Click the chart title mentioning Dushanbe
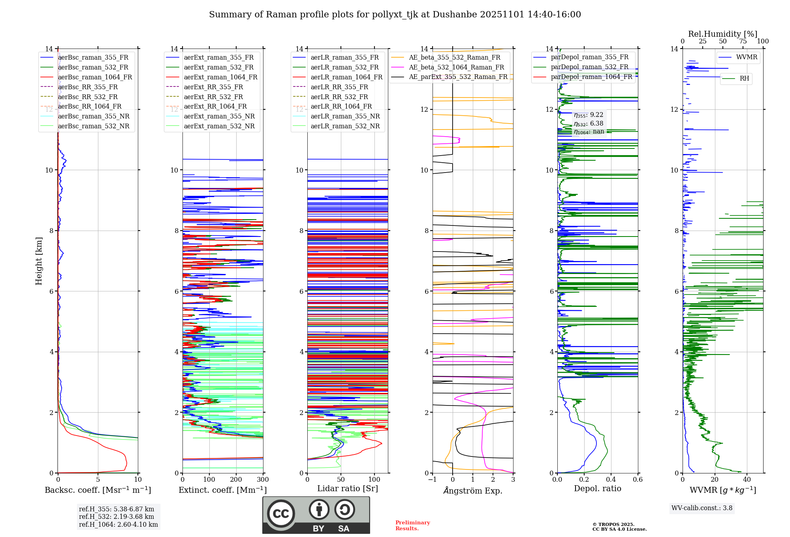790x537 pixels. tap(395, 15)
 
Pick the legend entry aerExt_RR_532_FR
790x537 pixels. tap(213, 97)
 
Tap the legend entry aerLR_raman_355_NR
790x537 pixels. tap(345, 116)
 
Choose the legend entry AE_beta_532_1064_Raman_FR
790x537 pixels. tap(456, 67)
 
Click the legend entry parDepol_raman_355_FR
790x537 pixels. tap(589, 57)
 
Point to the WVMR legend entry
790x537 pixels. tap(746, 57)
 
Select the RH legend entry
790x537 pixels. tap(744, 79)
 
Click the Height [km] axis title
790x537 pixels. tap(39, 261)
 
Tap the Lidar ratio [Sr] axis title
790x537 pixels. tap(348, 488)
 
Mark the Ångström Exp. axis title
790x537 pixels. tap(473, 490)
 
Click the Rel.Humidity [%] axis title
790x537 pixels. tap(722, 34)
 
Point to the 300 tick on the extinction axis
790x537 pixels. tap(263, 480)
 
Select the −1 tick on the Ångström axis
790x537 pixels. tap(433, 480)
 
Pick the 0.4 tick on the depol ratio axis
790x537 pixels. tap(611, 480)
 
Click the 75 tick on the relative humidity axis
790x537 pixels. tap(743, 41)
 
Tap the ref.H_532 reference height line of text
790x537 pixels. tap(116, 516)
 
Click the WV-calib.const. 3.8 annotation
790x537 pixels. tap(702, 508)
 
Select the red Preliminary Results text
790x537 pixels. tap(412, 526)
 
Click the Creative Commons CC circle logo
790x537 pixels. tap(281, 514)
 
